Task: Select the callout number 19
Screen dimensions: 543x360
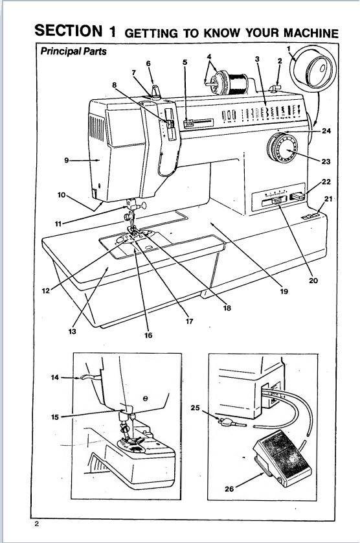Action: pyautogui.click(x=284, y=292)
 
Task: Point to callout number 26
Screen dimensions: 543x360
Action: pyautogui.click(x=229, y=489)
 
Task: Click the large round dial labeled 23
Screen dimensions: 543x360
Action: pyautogui.click(x=283, y=151)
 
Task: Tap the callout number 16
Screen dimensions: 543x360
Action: pyautogui.click(x=148, y=336)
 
